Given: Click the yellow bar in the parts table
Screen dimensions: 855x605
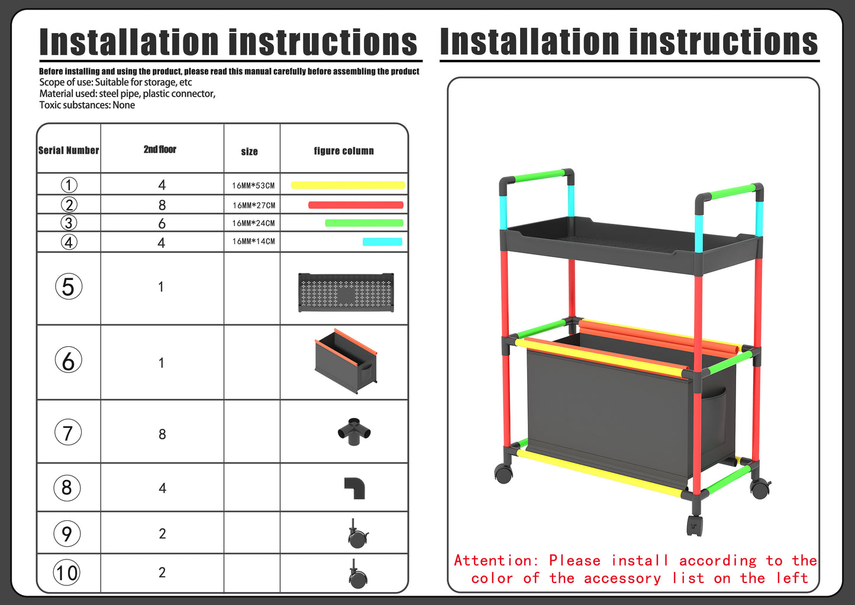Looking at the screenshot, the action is click(x=348, y=185).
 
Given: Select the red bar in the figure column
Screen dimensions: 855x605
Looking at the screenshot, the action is click(x=356, y=205).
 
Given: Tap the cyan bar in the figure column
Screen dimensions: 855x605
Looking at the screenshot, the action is click(x=382, y=242).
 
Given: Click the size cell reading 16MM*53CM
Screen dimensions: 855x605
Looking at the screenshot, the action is click(x=253, y=186).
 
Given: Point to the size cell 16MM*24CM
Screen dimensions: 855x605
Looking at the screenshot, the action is click(x=253, y=223).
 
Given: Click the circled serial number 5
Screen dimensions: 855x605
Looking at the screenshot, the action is click(x=68, y=287).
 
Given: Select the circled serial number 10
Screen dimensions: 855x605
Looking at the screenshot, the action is click(x=66, y=572).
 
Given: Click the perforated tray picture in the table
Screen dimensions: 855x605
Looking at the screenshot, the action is click(x=346, y=292).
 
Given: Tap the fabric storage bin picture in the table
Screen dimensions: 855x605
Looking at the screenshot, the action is click(x=346, y=361).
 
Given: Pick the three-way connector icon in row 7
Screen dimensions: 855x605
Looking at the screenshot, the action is click(x=354, y=432).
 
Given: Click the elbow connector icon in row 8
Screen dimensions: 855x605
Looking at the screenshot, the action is click(x=354, y=488).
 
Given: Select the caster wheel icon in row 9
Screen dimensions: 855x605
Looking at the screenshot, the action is click(x=358, y=533).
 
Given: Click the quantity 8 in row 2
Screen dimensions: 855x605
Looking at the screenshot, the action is click(x=162, y=205).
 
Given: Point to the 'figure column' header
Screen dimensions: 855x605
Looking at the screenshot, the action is click(x=344, y=151).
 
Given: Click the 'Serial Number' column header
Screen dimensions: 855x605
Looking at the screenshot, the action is click(x=69, y=150).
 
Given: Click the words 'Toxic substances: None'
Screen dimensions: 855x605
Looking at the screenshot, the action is click(x=87, y=105).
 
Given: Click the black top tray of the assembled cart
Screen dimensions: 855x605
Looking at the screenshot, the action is click(x=631, y=244).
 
